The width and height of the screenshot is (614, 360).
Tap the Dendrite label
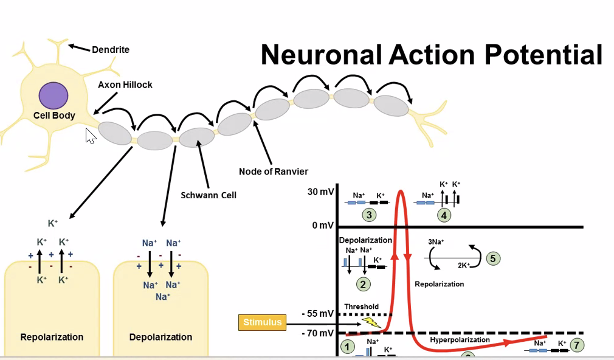(111, 50)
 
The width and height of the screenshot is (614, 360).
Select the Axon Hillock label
(125, 85)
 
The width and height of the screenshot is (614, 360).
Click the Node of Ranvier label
(274, 171)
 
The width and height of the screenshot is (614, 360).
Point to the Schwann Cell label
(209, 195)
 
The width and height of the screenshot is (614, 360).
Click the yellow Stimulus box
(263, 322)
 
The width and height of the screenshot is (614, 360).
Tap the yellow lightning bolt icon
(371, 322)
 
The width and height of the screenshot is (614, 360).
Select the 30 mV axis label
(320, 192)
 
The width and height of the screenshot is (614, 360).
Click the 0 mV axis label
(323, 226)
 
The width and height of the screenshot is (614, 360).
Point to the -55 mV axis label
(318, 314)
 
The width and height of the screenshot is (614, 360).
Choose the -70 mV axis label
(318, 333)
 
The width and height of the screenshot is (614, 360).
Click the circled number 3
(368, 215)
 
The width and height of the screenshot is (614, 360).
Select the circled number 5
(493, 258)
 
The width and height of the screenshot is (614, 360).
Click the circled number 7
(576, 345)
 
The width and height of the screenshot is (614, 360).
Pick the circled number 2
(364, 283)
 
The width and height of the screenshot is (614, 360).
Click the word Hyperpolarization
(460, 340)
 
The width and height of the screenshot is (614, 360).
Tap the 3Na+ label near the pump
(436, 241)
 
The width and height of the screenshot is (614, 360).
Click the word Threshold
(361, 306)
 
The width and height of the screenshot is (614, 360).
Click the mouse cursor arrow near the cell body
(91, 136)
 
